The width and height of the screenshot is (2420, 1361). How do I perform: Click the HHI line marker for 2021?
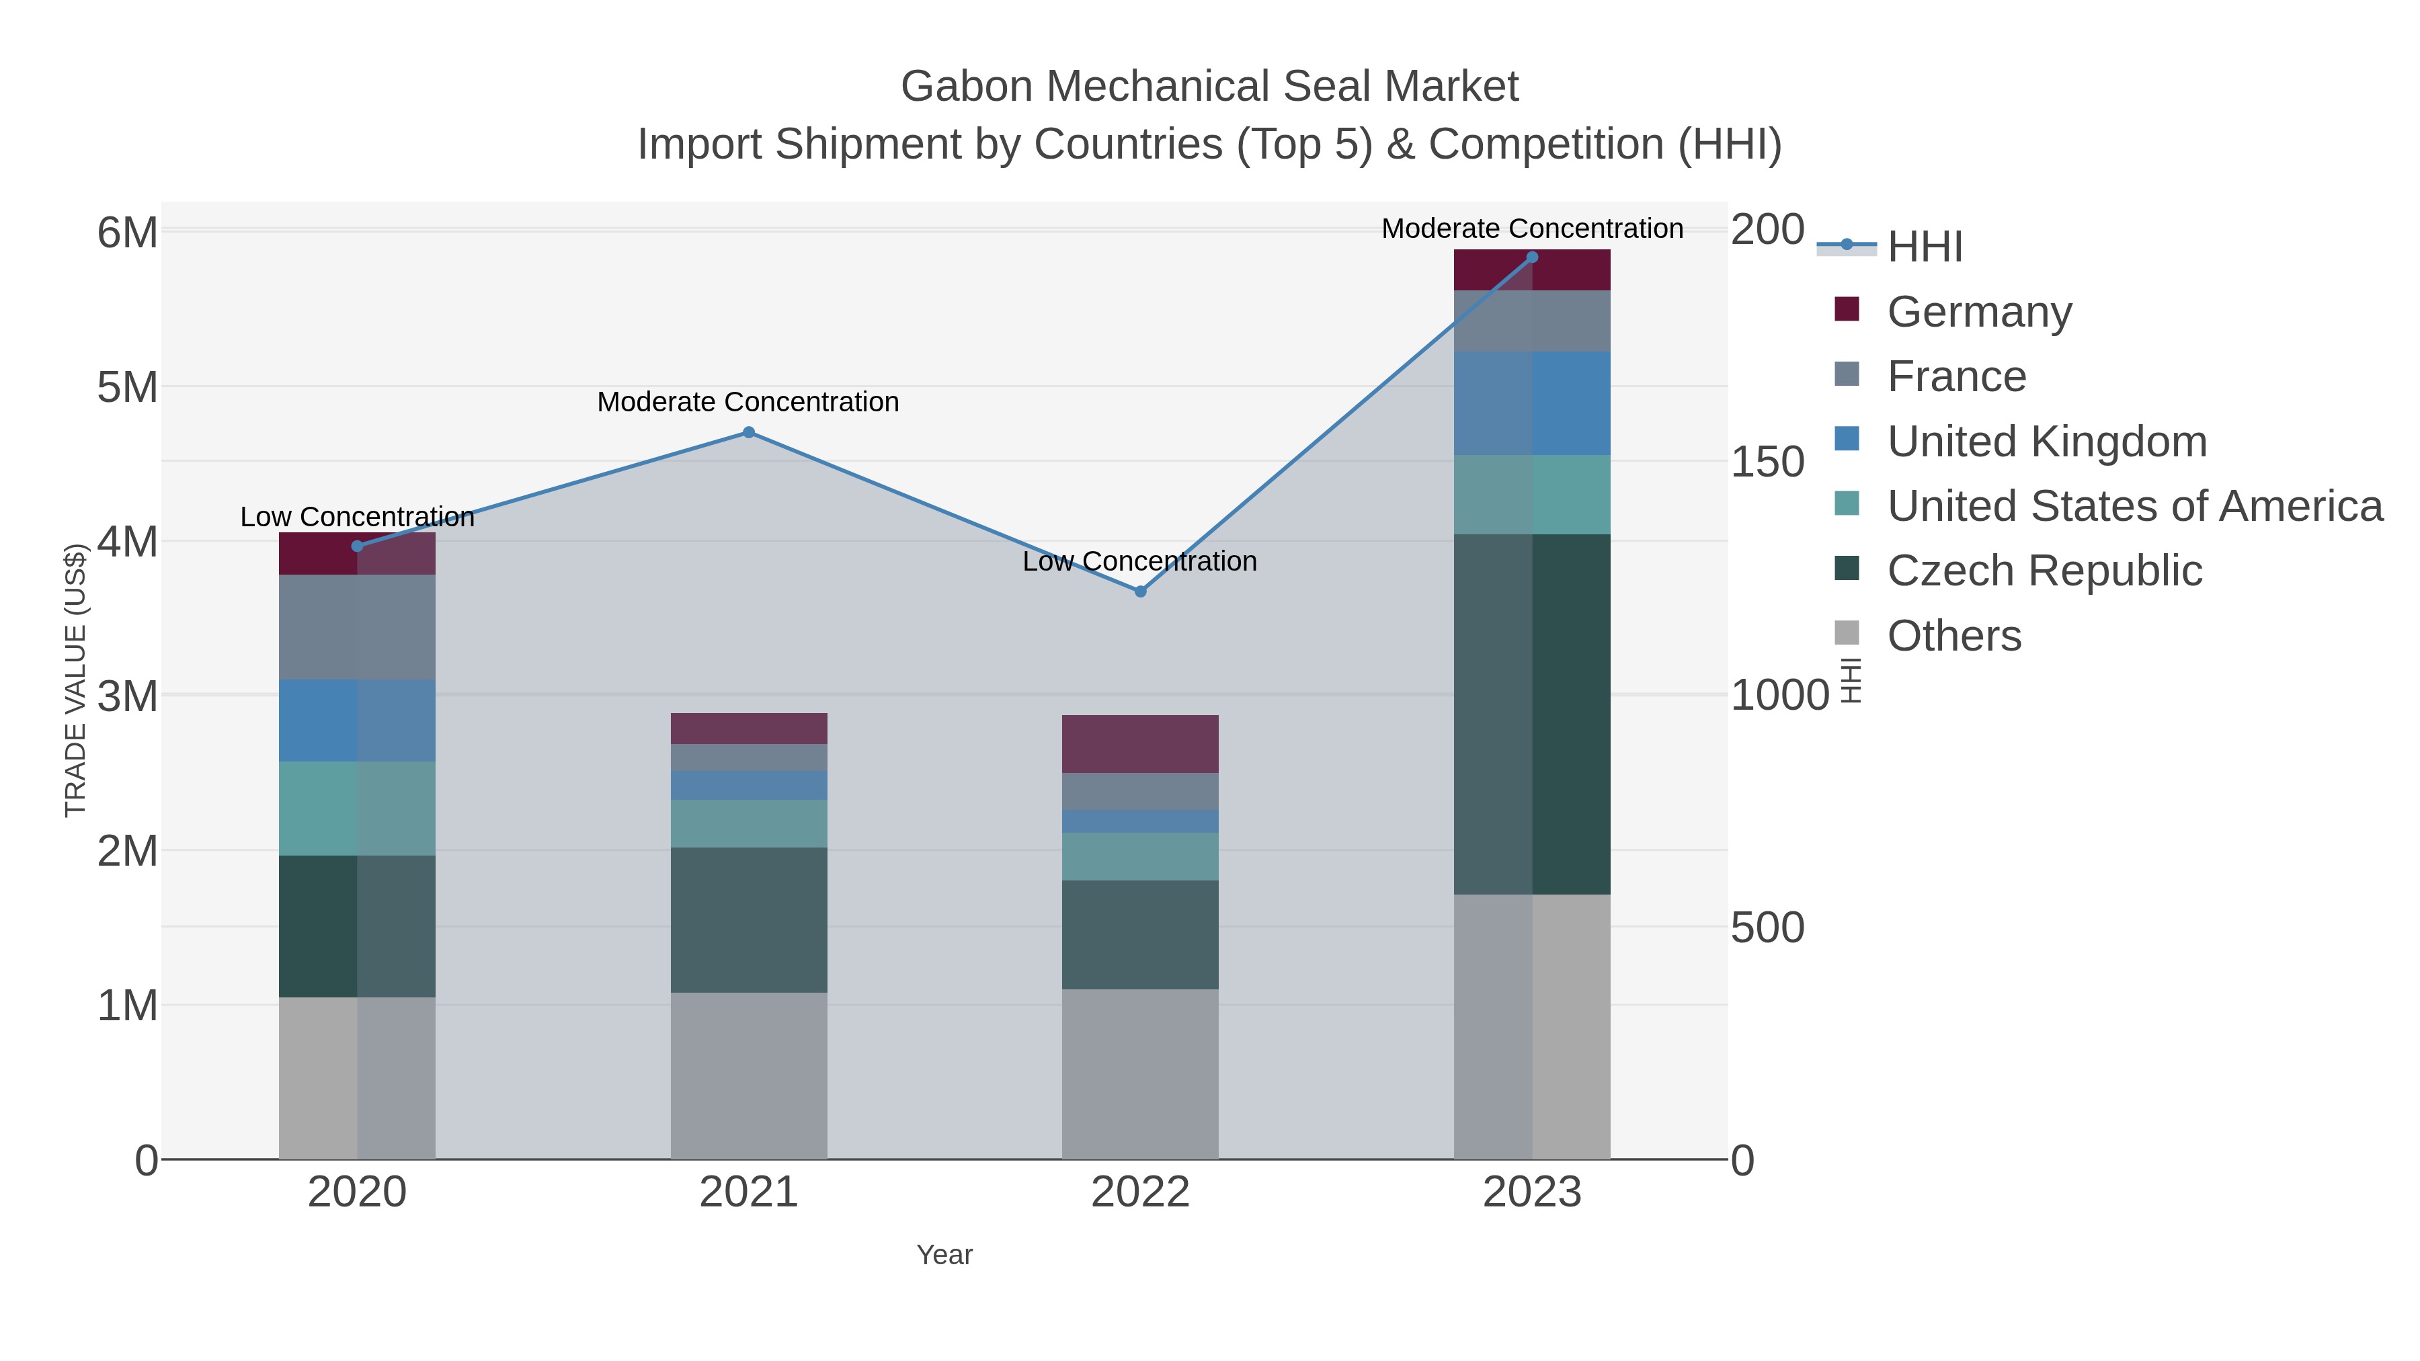[749, 432]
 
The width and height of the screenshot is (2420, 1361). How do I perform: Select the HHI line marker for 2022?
[1141, 591]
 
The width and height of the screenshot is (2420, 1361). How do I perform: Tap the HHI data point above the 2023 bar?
[1532, 257]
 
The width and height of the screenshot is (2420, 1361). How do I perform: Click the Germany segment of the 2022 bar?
[1141, 744]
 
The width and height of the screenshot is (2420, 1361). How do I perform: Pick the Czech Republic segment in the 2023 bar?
[1532, 714]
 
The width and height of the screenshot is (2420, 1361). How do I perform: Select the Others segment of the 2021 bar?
[749, 1075]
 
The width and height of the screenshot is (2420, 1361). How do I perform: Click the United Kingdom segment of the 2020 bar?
[357, 720]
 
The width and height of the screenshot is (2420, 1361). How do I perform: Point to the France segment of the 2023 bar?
[1532, 321]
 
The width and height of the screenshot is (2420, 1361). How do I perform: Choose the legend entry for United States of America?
[2134, 506]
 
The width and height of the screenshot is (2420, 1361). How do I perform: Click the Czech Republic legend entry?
[2044, 571]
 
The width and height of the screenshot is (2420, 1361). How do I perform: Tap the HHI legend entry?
[1924, 247]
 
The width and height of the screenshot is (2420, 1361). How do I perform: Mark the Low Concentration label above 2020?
[357, 517]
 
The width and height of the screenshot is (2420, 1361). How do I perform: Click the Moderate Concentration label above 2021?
[749, 402]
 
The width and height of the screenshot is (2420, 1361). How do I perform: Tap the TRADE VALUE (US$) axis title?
[75, 680]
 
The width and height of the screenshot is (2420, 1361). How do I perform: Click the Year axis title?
[944, 1255]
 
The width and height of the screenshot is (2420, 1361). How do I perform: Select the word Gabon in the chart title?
[967, 87]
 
